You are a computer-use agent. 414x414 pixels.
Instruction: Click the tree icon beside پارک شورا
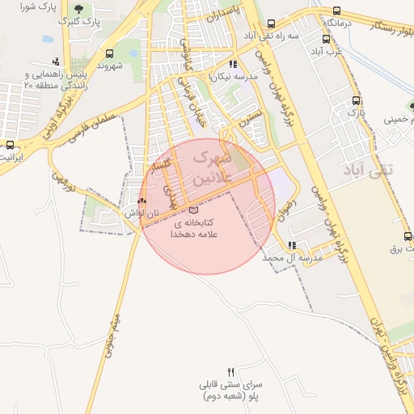78,8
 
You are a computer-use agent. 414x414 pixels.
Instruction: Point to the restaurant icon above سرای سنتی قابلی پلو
232,370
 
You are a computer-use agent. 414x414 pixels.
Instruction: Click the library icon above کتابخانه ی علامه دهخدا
192,210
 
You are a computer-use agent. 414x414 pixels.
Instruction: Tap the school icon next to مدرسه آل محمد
291,245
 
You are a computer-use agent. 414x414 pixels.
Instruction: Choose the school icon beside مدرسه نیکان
233,64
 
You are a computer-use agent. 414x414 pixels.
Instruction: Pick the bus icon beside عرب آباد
326,38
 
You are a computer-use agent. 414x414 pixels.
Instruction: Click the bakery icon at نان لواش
142,200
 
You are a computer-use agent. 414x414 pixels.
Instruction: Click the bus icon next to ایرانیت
10,145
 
